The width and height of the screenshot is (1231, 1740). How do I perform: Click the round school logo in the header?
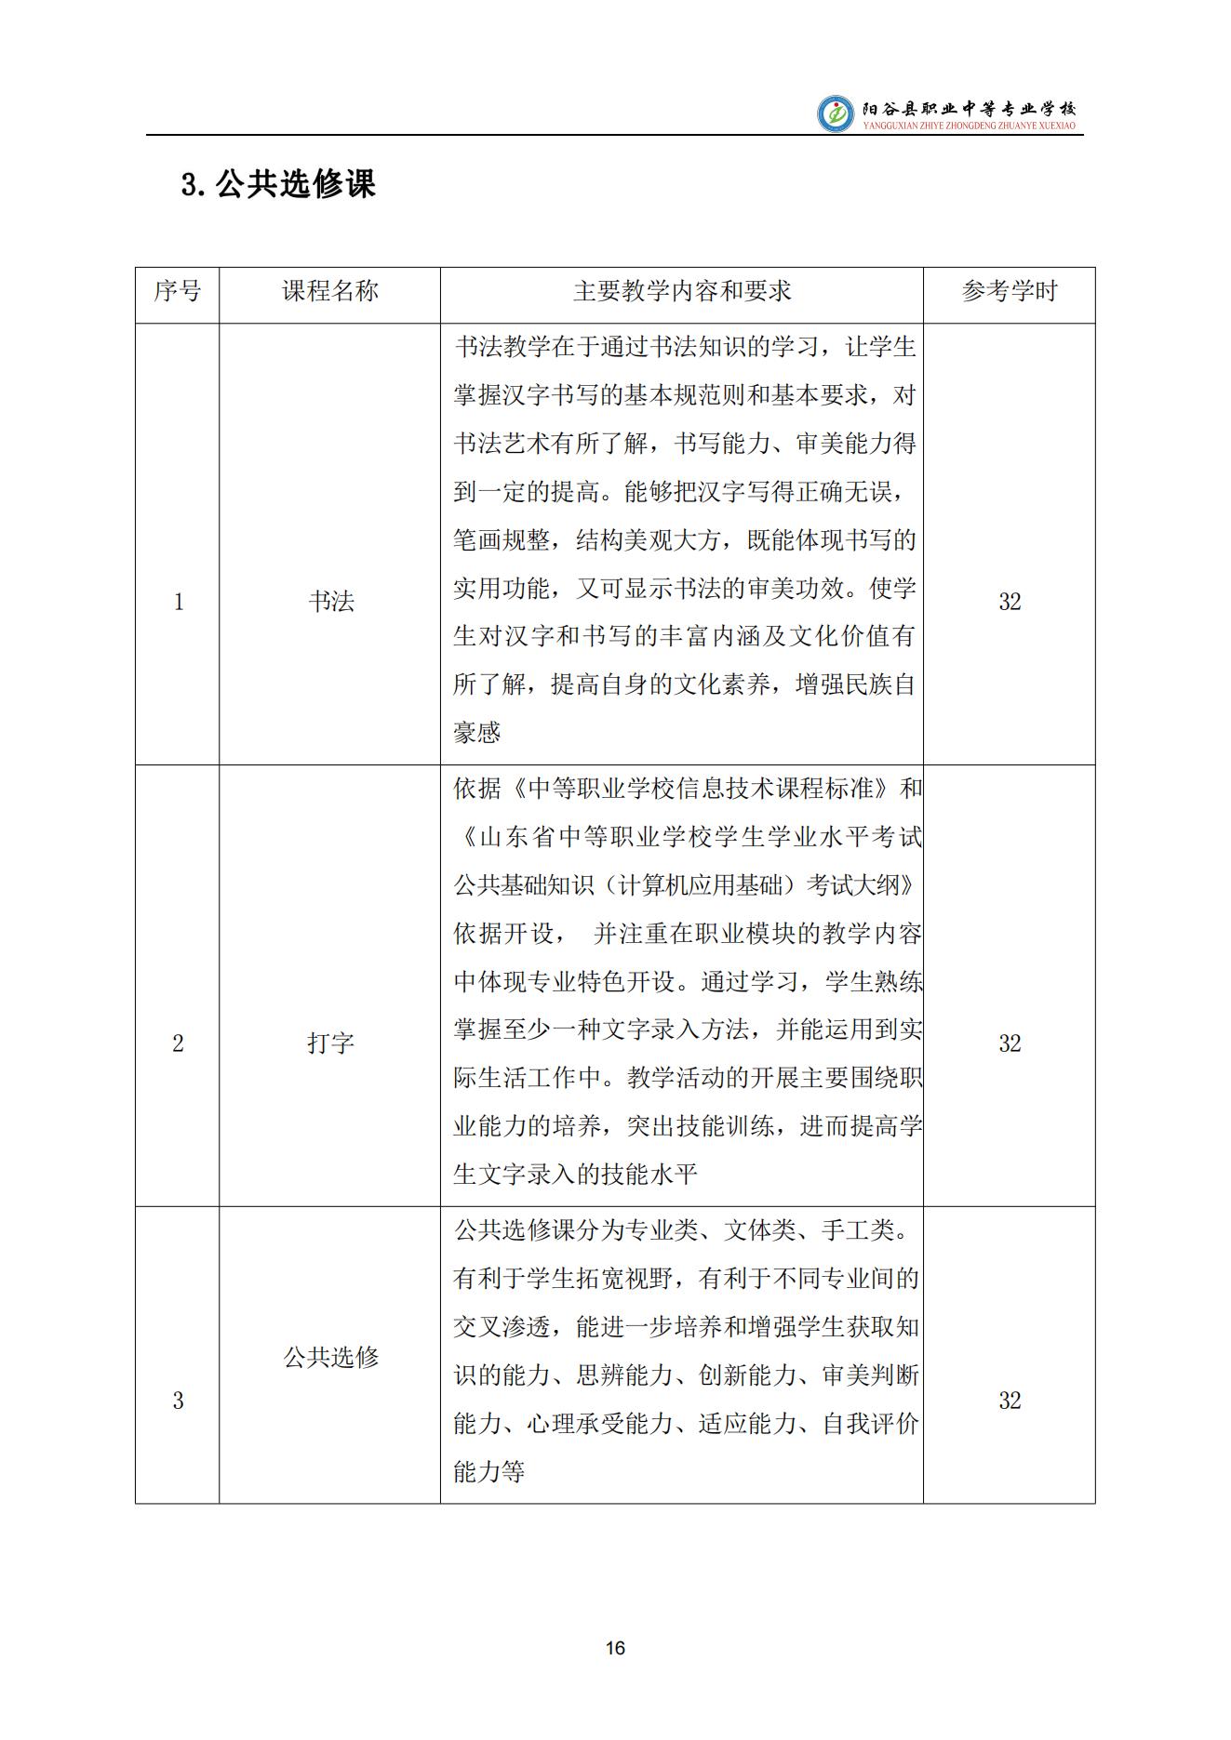[x=835, y=113]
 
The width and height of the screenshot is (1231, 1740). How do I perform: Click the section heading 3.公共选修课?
[x=278, y=184]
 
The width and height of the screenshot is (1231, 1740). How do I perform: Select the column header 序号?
[x=177, y=292]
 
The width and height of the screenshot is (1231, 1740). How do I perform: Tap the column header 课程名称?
[x=330, y=292]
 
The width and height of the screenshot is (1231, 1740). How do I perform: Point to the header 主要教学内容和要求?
[x=682, y=292]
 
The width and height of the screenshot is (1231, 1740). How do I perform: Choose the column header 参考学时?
[x=1010, y=292]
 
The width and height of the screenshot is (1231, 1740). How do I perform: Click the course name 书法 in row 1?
[x=331, y=602]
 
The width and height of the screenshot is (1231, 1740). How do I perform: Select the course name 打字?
[x=331, y=1043]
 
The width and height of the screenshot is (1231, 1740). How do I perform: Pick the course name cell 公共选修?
[x=331, y=1358]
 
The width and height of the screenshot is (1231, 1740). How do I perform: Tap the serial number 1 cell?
[x=179, y=602]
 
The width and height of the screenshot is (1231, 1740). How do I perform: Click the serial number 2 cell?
[x=179, y=1043]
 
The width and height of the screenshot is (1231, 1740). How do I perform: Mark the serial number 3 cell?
[x=179, y=1401]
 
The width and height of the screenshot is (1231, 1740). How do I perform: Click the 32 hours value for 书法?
[x=1010, y=602]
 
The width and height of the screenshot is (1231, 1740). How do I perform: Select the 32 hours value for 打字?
[x=1010, y=1043]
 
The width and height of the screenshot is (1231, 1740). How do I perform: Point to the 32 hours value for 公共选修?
[x=1010, y=1401]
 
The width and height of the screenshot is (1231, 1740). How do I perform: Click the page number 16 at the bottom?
[x=615, y=1648]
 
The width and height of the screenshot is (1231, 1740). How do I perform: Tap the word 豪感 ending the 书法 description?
[x=477, y=733]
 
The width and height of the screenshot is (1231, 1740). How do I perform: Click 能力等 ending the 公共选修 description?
[x=489, y=1472]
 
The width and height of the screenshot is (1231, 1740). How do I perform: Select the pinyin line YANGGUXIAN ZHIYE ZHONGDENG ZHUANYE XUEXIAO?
[x=969, y=125]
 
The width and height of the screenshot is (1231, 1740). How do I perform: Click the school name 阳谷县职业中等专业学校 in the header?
[x=968, y=107]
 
